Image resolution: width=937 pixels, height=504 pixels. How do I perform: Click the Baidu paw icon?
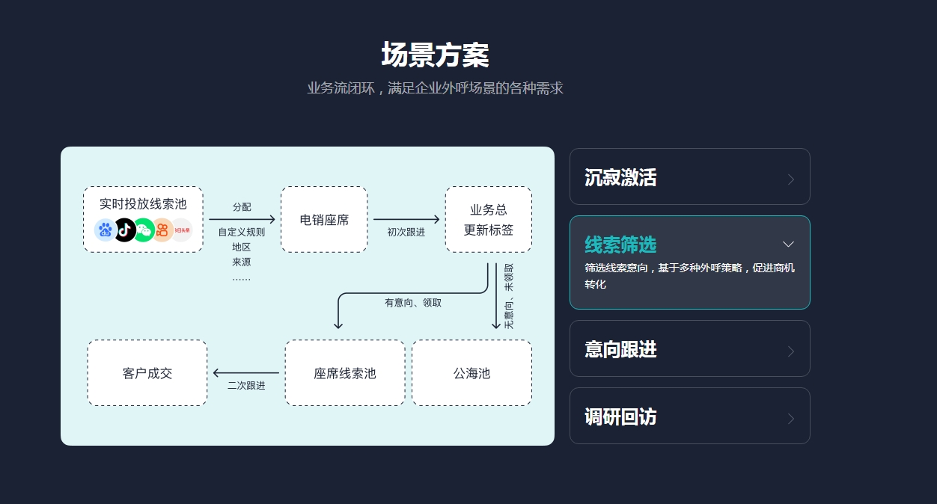(x=106, y=230)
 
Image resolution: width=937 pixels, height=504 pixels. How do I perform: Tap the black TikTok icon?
(x=125, y=230)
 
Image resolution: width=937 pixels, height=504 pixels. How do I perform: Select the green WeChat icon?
(x=144, y=230)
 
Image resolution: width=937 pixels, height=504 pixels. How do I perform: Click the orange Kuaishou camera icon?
(x=162, y=230)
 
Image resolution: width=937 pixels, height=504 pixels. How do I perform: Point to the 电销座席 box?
(x=324, y=220)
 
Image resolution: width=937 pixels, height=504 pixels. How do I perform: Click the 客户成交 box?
(x=147, y=373)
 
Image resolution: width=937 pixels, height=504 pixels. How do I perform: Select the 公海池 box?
(x=471, y=373)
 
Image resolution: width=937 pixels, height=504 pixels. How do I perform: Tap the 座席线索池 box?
(x=345, y=373)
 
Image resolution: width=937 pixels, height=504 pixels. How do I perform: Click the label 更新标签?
(x=489, y=230)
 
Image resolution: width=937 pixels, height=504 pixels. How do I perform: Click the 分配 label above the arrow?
(x=242, y=207)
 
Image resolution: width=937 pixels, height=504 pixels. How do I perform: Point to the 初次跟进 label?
(x=406, y=232)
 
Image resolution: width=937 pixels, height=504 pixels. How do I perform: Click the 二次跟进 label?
(x=246, y=386)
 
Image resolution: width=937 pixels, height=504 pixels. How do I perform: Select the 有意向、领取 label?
(x=413, y=303)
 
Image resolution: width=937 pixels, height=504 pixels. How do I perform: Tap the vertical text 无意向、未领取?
(x=509, y=297)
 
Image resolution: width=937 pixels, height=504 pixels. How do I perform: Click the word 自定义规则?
(x=242, y=233)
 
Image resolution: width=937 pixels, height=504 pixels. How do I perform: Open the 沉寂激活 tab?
(x=689, y=177)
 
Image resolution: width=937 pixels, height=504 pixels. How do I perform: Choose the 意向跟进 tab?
(x=689, y=349)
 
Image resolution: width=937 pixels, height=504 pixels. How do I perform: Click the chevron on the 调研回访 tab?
(x=791, y=419)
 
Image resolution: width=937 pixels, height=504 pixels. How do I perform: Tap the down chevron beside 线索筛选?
(x=788, y=245)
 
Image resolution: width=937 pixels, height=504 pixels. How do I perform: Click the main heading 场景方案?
(x=435, y=55)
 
